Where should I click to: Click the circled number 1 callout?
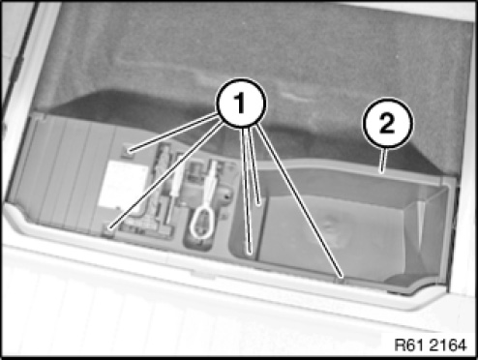pyautogui.click(x=241, y=103)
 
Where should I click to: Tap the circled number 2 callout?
pyautogui.click(x=388, y=123)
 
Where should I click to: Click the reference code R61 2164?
pyautogui.click(x=431, y=345)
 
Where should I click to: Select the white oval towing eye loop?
pyautogui.click(x=202, y=223)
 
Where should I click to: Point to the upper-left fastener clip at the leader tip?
pyautogui.click(x=128, y=151)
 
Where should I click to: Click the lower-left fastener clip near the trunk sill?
pyautogui.click(x=109, y=229)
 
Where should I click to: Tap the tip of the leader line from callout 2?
pyautogui.click(x=382, y=172)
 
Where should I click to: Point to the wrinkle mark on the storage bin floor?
pyautogui.click(x=330, y=229)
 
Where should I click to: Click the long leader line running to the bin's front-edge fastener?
pyautogui.click(x=299, y=201)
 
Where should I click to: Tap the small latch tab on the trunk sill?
pyautogui.click(x=202, y=274)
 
